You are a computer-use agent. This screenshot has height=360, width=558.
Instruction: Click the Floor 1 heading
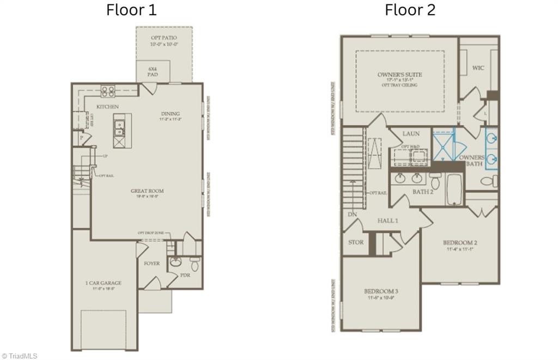pyautogui.click(x=131, y=10)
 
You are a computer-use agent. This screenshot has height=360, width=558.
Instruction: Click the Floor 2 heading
pyautogui.click(x=410, y=10)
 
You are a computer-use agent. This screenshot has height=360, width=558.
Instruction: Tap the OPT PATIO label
pyautogui.click(x=163, y=38)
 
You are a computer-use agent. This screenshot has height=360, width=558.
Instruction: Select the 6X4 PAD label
pyautogui.click(x=153, y=71)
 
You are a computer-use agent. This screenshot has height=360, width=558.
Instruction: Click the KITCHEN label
pyautogui.click(x=107, y=107)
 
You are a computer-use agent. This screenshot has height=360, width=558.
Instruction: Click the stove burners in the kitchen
pyautogui.click(x=107, y=91)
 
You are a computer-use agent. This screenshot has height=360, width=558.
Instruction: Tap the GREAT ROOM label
pyautogui.click(x=147, y=191)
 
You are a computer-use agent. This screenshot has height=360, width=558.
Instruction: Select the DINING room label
pyautogui.click(x=170, y=113)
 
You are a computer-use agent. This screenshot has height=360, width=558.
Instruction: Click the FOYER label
pyautogui.click(x=151, y=264)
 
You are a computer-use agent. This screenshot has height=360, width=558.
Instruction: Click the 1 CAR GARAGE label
pyautogui.click(x=103, y=283)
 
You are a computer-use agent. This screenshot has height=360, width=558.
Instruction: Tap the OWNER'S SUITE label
pyautogui.click(x=399, y=75)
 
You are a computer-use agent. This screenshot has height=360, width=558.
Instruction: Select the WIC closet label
pyautogui.click(x=478, y=68)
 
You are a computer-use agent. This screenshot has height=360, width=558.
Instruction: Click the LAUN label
pyautogui.click(x=410, y=133)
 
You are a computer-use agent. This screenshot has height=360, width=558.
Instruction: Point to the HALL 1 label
pyautogui.click(x=388, y=221)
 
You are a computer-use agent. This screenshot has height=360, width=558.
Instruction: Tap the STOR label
pyautogui.click(x=355, y=242)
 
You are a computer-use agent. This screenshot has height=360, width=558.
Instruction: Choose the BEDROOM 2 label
pyautogui.click(x=460, y=242)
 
